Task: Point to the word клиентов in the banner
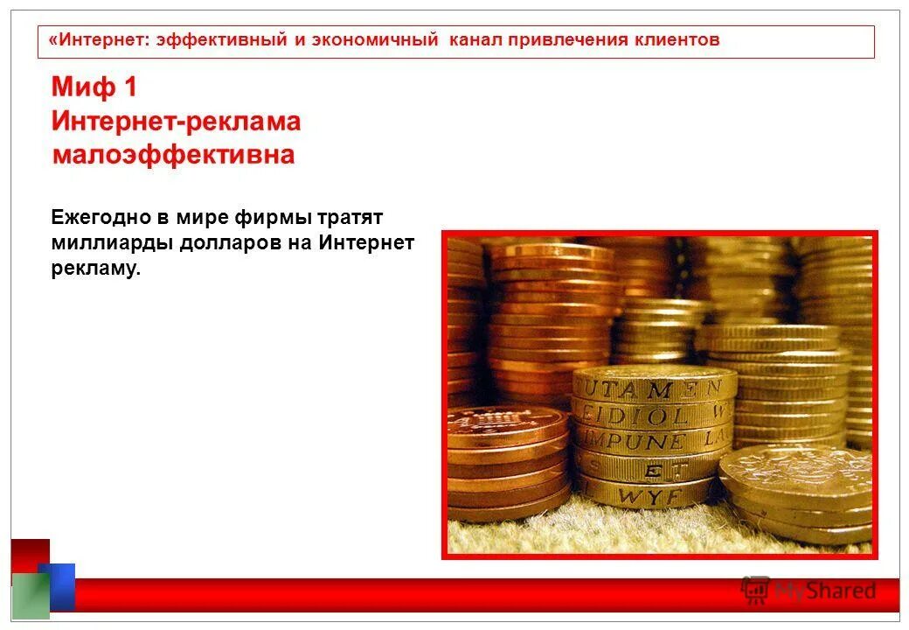[675, 40]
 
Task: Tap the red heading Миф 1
[94, 87]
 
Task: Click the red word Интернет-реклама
[176, 122]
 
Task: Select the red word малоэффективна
[173, 156]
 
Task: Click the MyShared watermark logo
[808, 591]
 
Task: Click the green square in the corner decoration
[30, 597]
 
